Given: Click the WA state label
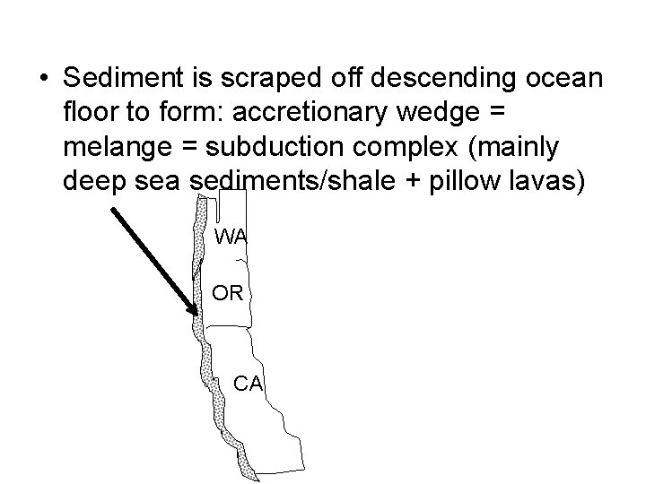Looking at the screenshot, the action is (231, 237).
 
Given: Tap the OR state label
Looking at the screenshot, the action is (228, 292).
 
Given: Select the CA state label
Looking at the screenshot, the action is (248, 384).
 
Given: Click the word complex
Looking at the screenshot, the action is (403, 148).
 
